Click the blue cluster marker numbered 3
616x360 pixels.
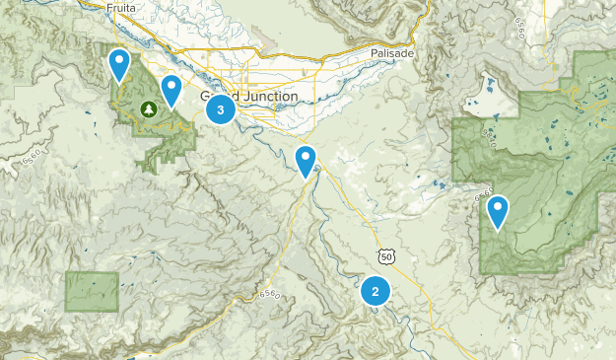221,109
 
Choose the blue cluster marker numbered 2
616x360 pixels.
375,292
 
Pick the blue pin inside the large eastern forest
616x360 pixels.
499,212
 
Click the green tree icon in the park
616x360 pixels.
149,108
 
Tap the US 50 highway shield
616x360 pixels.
384,256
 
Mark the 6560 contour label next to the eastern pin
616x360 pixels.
483,196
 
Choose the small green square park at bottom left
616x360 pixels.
92,291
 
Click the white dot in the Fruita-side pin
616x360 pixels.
119,61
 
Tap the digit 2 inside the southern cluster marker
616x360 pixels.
375,292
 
